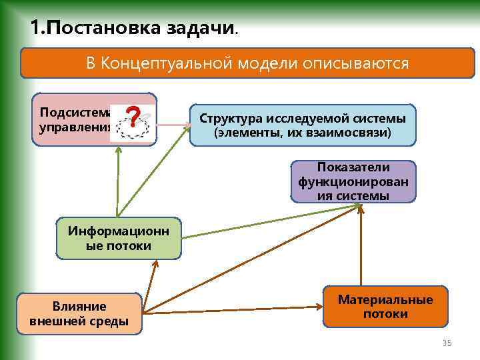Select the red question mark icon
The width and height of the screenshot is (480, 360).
coord(134,118)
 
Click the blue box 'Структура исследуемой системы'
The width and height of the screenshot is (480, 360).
coord(303,125)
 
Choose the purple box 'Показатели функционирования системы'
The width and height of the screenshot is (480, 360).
coord(353,181)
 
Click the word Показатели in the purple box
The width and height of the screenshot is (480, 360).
coord(353,167)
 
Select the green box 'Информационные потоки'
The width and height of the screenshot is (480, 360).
coord(119,238)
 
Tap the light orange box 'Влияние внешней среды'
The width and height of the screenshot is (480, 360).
coord(79,313)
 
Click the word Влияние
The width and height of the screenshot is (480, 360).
coord(79,307)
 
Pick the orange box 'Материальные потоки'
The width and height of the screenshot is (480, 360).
coord(385,307)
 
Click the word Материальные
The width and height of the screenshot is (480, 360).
coord(385,299)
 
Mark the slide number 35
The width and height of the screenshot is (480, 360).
coord(447,343)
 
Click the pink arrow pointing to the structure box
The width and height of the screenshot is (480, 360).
coord(173,124)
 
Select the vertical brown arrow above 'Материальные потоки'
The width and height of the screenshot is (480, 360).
coord(361,244)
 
